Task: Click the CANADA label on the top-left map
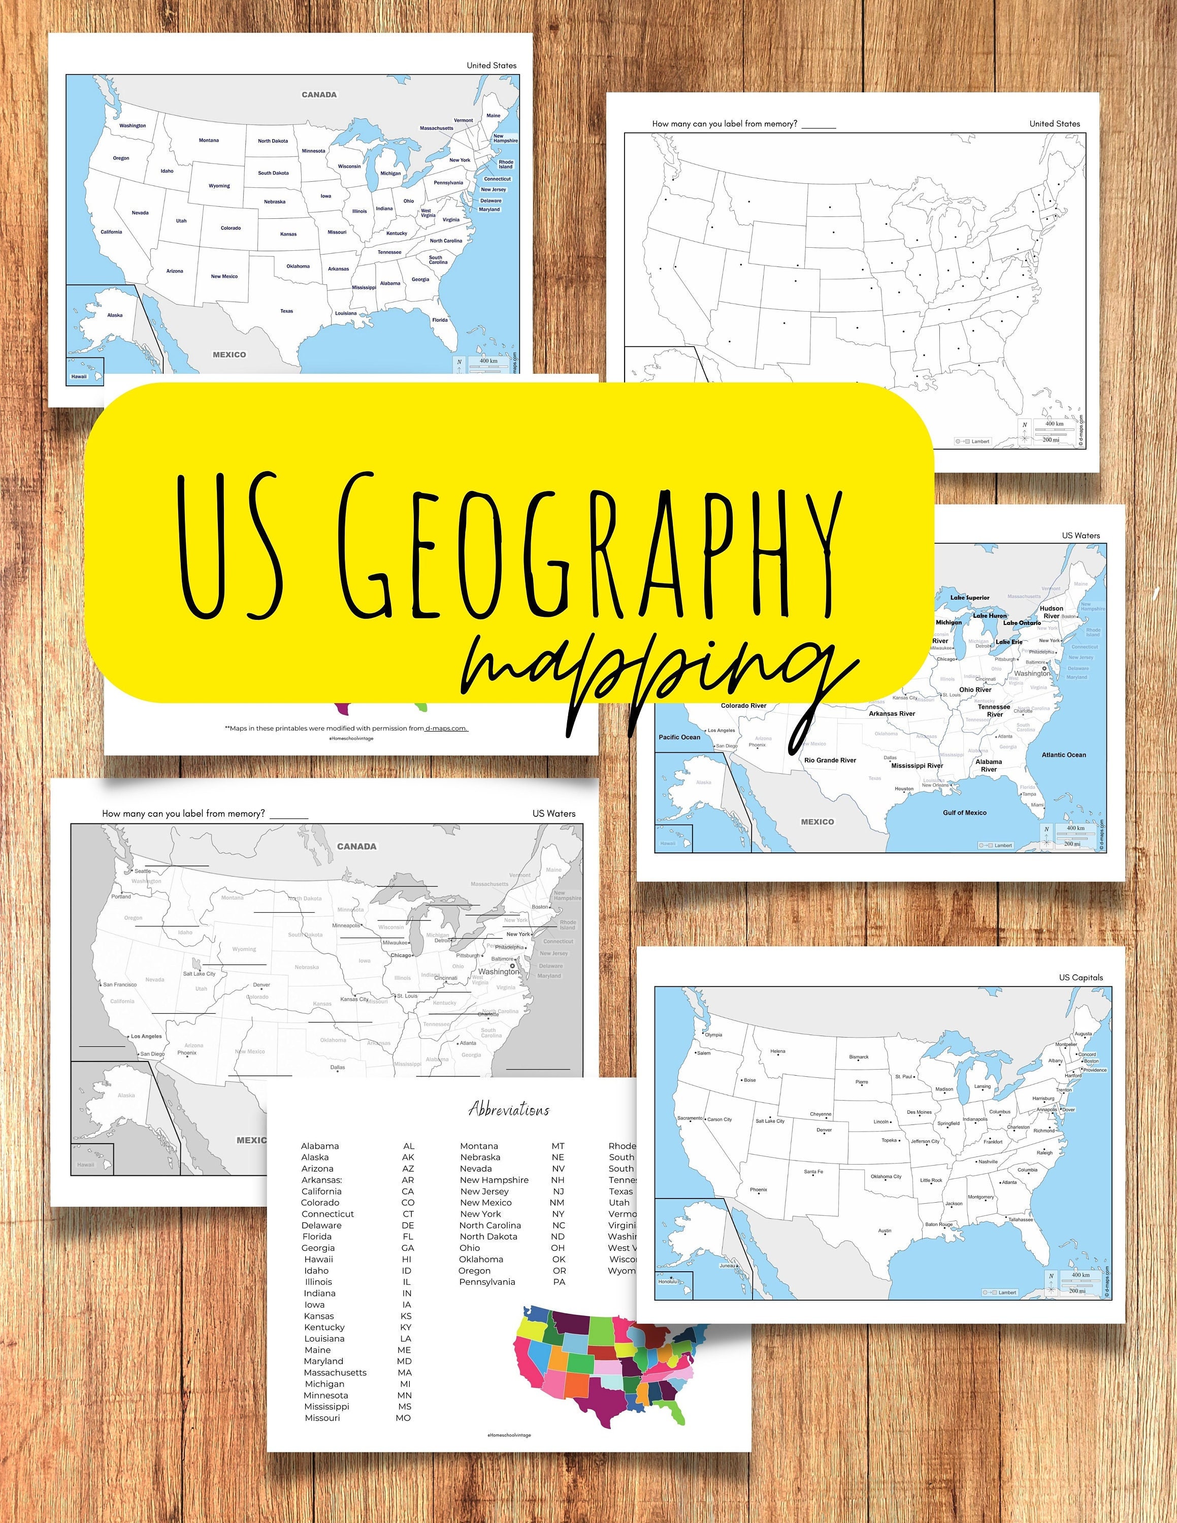pos(319,94)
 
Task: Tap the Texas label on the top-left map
pos(286,311)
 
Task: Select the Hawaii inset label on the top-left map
pos(80,377)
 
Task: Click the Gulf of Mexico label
pos(964,812)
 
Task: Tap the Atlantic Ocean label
pos(1063,754)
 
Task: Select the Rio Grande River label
pos(830,760)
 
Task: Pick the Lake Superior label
pos(970,598)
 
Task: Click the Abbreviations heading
pos(509,1109)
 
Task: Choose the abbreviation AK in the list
pos(408,1157)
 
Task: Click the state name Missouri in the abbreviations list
pos(322,1418)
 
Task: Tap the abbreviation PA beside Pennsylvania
pos(559,1282)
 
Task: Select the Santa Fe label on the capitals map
pos(813,1172)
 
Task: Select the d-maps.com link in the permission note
pos(446,728)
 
